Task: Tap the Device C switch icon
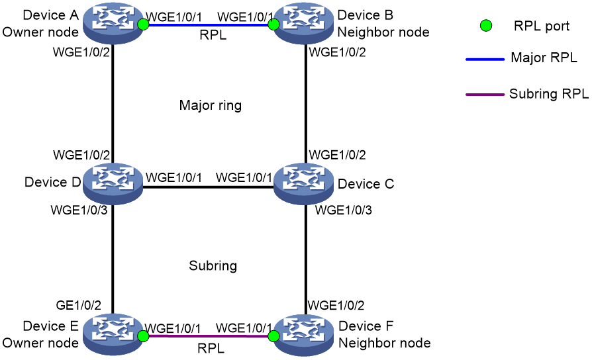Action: click(303, 184)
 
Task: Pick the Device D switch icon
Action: click(113, 184)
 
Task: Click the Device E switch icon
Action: click(113, 334)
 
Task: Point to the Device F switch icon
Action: click(303, 334)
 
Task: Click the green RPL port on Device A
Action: click(143, 24)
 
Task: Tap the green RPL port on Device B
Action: click(273, 24)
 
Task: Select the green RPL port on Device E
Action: click(143, 336)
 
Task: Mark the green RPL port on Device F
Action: click(273, 336)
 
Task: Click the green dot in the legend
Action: click(486, 26)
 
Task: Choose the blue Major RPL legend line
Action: click(485, 60)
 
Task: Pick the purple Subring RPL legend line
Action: click(485, 95)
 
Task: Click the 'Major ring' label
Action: click(211, 105)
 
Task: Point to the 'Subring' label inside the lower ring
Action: click(213, 265)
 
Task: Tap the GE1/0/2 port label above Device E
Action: click(79, 305)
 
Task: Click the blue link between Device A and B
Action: click(208, 25)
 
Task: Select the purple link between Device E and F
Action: click(208, 336)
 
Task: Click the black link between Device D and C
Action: click(208, 187)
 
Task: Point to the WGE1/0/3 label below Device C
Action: click(344, 210)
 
